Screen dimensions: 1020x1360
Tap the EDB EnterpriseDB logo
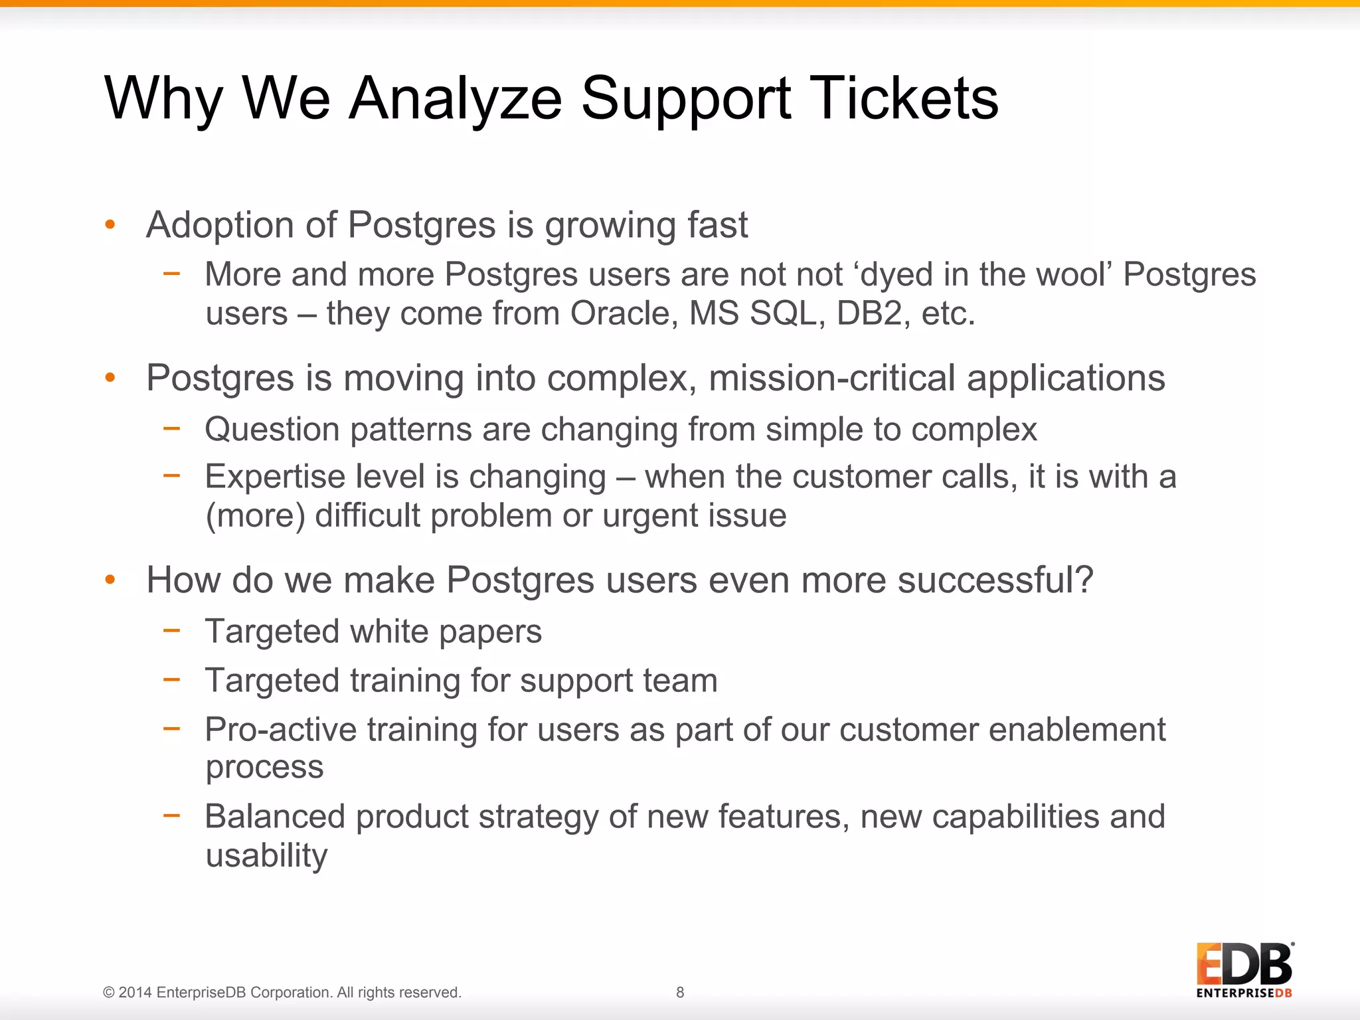[1244, 970]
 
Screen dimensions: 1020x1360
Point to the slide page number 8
[680, 992]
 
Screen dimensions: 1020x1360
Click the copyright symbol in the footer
[109, 993]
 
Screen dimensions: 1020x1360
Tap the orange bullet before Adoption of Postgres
[110, 225]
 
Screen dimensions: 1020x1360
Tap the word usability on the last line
[266, 855]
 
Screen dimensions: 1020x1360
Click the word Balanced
[275, 817]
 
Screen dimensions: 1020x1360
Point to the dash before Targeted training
[171, 679]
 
